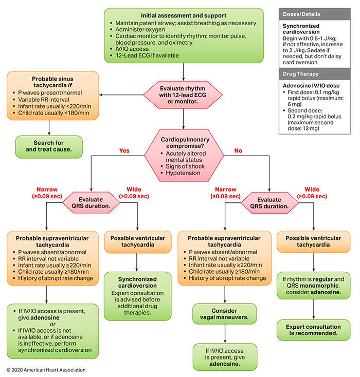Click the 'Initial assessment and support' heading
pyautogui.click(x=184, y=15)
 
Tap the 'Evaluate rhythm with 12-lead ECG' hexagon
pyautogui.click(x=183, y=95)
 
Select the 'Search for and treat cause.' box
pyautogui.click(x=49, y=147)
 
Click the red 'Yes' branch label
pyautogui.click(x=124, y=150)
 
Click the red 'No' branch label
pyautogui.click(x=238, y=150)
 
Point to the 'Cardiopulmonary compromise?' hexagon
pyautogui.click(x=184, y=156)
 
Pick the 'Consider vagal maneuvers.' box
pyautogui.click(x=224, y=314)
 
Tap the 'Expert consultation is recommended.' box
pyautogui.click(x=313, y=330)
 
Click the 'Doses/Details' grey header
pyautogui.click(x=315, y=14)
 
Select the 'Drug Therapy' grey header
pyautogui.click(x=315, y=74)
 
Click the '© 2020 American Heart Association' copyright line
pyautogui.click(x=46, y=370)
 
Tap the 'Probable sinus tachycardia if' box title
pyautogui.click(x=52, y=82)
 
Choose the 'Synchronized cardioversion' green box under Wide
pyautogui.click(x=137, y=296)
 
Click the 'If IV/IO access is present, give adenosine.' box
pyautogui.click(x=225, y=357)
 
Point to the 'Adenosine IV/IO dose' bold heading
pyautogui.click(x=311, y=86)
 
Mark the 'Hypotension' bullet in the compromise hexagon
pyautogui.click(x=183, y=173)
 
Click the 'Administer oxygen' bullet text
pyautogui.click(x=140, y=30)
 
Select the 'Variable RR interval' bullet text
pyautogui.click(x=44, y=100)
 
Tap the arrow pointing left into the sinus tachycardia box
pyautogui.click(x=121, y=95)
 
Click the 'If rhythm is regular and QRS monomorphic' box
pyautogui.click(x=313, y=286)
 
